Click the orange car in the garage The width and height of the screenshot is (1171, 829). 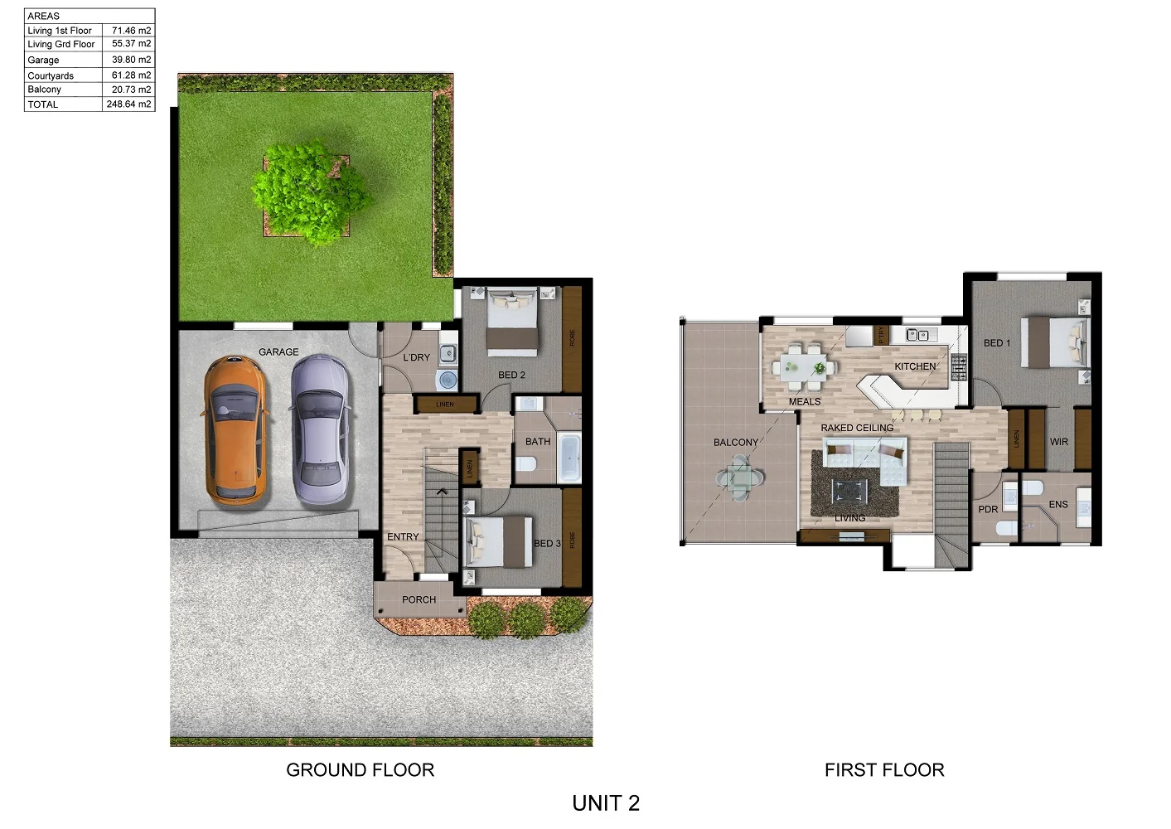coord(235,429)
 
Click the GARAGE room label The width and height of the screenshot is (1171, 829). coord(278,352)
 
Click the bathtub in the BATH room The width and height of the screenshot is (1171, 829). coord(570,457)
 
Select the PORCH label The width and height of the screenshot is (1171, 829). coord(419,599)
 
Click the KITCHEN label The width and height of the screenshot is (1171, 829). coord(915,366)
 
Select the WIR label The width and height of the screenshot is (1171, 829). coord(1059,442)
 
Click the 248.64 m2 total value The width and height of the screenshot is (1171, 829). coord(128,104)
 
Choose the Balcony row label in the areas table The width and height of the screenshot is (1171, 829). coord(45,90)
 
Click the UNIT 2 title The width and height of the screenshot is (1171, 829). coord(606,802)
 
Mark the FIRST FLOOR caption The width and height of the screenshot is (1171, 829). coord(884,770)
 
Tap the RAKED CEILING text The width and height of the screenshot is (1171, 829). coord(857,428)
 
